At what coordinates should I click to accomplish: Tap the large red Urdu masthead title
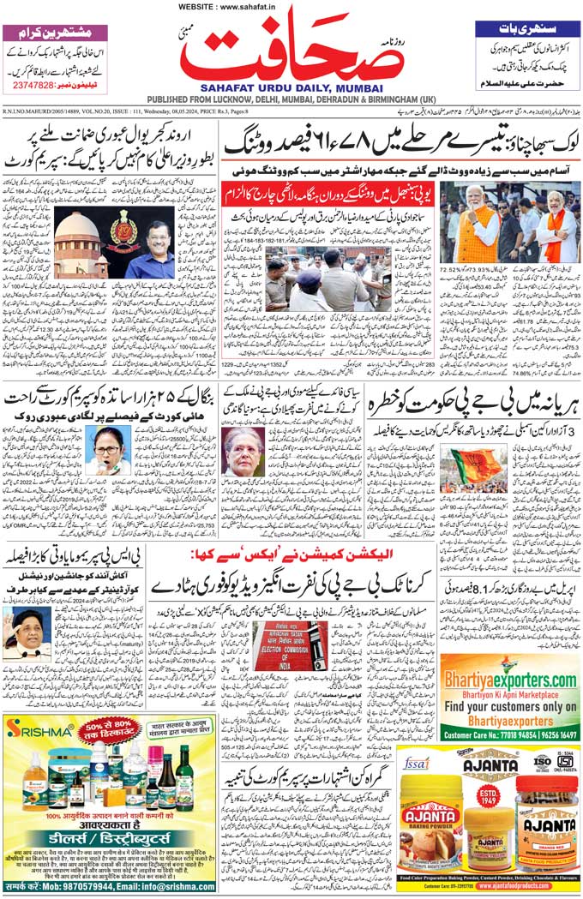(292, 53)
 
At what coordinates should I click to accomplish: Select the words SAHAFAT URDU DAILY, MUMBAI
(291, 87)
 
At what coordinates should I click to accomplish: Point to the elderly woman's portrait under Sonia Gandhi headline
(244, 452)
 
